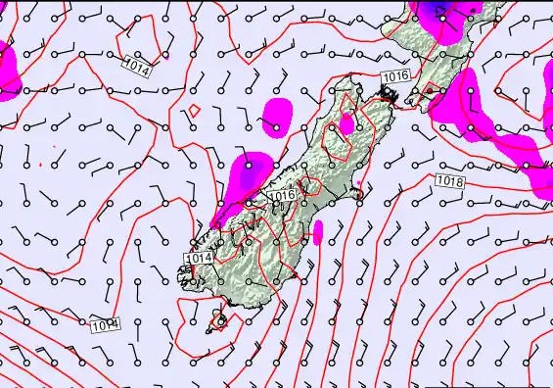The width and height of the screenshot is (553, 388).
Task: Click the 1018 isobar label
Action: [x=450, y=181]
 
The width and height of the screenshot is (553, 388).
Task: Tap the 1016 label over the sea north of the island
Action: [x=394, y=75]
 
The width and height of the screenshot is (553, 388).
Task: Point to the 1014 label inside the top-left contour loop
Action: [x=138, y=69]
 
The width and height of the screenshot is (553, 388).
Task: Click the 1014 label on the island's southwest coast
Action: [x=199, y=258]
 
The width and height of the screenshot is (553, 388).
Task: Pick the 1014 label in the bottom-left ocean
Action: [x=105, y=323]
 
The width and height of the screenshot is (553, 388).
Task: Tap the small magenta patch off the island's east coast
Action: [x=317, y=232]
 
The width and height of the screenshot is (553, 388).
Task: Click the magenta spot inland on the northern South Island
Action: [x=346, y=124]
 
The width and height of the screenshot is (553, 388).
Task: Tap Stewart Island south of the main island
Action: [x=219, y=320]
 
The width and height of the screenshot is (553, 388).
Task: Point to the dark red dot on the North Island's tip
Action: [x=428, y=90]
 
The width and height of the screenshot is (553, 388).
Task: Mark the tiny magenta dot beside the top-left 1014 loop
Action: [x=167, y=57]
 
